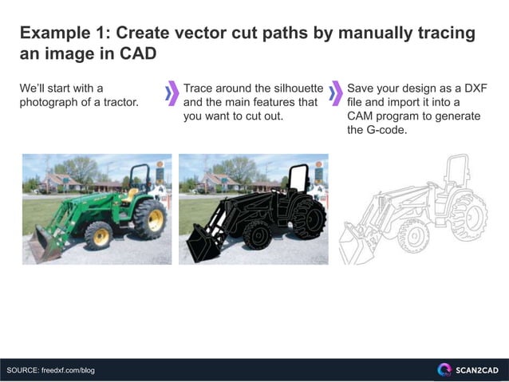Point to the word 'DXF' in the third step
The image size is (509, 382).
coord(476,88)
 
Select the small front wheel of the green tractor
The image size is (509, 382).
coord(100,235)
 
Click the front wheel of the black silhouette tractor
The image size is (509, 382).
coord(257,235)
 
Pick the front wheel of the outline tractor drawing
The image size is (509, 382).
coord(412,234)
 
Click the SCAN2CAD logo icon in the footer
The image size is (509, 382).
coord(444,370)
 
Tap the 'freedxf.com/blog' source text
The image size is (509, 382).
coord(68,370)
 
